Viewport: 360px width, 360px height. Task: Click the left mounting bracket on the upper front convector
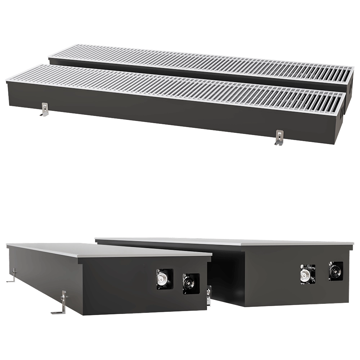click(x=44, y=110)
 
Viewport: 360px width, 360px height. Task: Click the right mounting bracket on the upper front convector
click(x=278, y=138)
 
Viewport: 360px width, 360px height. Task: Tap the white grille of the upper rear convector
click(x=202, y=63)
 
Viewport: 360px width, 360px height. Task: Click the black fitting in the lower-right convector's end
click(x=336, y=270)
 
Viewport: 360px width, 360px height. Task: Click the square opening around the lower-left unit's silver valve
click(x=165, y=279)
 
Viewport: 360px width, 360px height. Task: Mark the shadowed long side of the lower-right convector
click(x=227, y=274)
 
